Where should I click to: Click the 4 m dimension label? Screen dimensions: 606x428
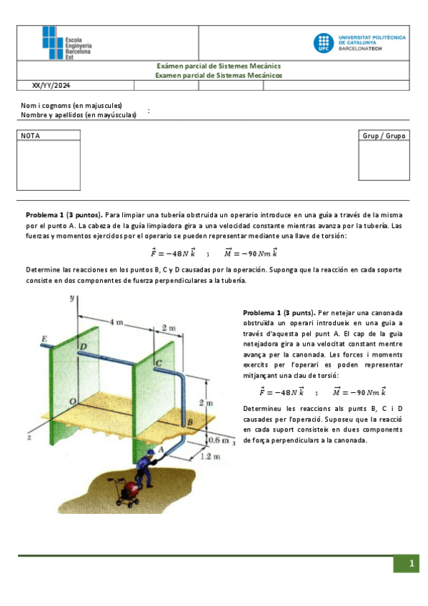[114, 322]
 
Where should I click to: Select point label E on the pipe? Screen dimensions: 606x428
[45, 338]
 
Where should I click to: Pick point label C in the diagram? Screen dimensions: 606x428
[159, 364]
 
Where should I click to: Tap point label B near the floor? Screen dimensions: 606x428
[190, 423]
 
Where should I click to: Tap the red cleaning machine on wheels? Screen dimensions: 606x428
[131, 492]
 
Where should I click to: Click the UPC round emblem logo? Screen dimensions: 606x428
[322, 43]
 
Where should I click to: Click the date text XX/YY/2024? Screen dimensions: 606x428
[52, 85]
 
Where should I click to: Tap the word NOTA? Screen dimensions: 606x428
[31, 136]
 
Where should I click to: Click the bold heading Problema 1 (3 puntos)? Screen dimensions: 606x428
[64, 214]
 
